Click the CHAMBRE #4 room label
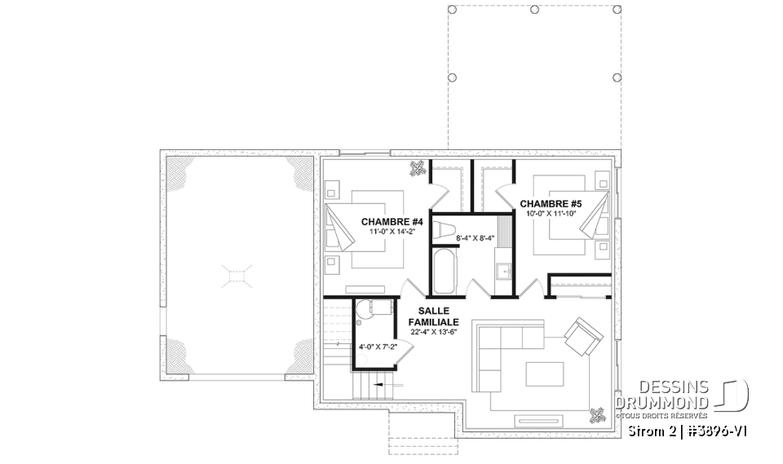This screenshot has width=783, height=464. (x=391, y=222)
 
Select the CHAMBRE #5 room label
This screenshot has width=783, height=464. (x=551, y=203)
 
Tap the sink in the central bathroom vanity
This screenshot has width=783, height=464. (x=502, y=271)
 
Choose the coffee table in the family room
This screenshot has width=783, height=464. (x=544, y=373)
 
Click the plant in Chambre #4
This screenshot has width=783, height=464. (x=418, y=168)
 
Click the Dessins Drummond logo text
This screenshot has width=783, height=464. (x=661, y=395)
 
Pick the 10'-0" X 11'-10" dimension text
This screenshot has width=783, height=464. (x=551, y=213)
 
